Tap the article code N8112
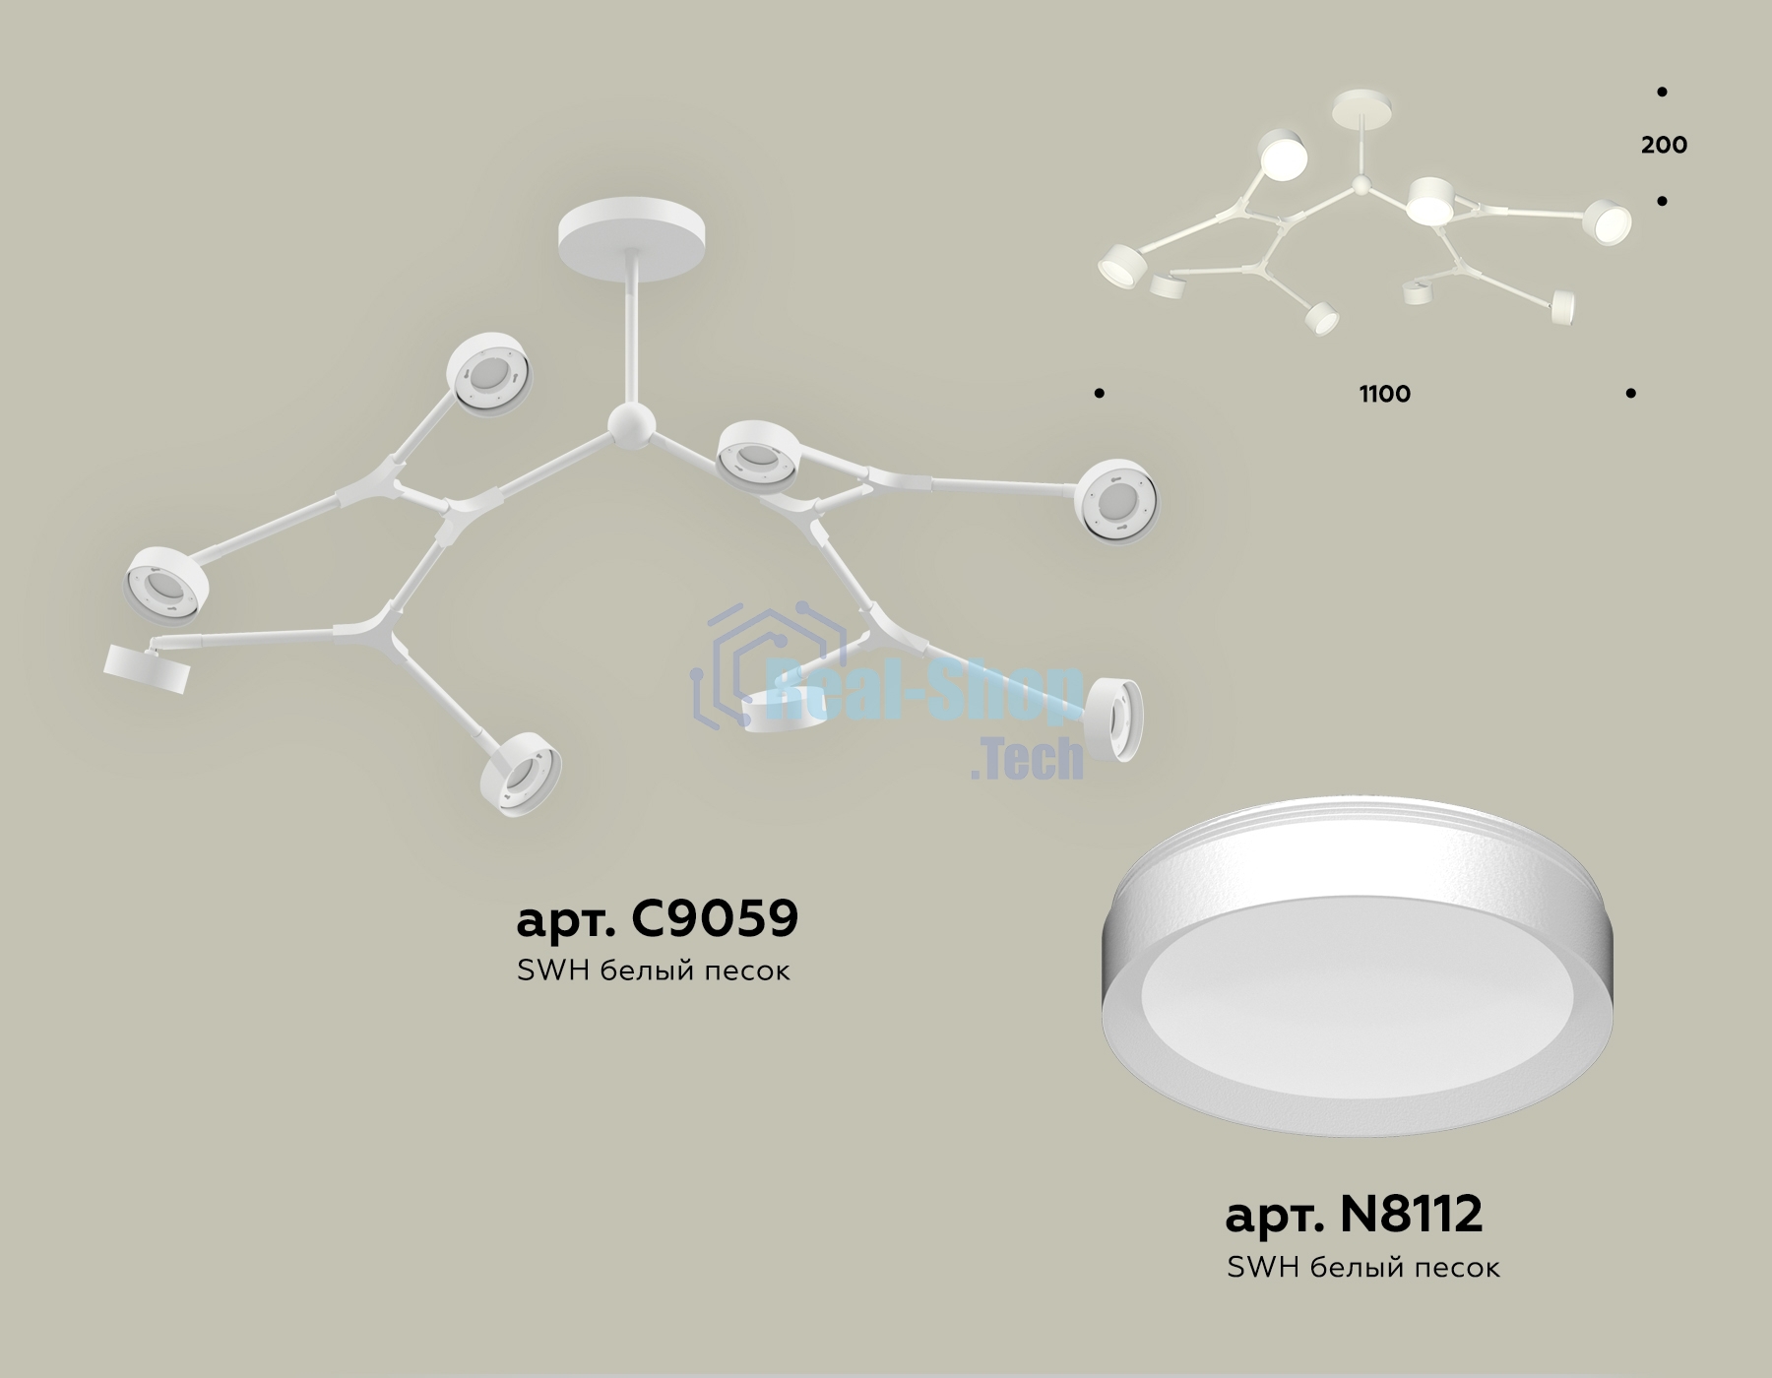point(1411,1215)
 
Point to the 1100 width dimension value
point(1384,395)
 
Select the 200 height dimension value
point(1664,146)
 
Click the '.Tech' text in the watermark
point(1026,759)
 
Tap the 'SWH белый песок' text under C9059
point(653,971)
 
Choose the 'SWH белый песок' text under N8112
point(1363,1268)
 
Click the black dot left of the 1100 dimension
point(1099,394)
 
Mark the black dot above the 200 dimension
point(1662,93)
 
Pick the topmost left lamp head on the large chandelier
point(489,375)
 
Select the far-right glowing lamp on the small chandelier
point(1607,221)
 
